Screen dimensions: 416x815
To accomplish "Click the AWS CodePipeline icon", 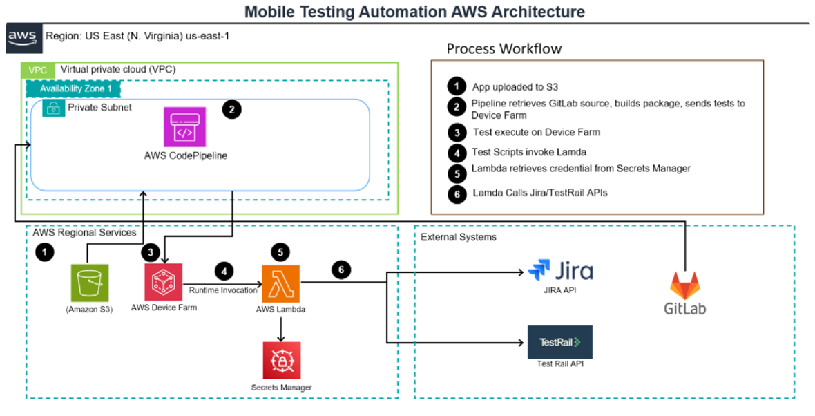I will click(x=184, y=126).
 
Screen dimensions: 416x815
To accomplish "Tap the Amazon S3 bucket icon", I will click(x=89, y=283).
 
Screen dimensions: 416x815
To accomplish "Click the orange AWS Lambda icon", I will click(x=280, y=283).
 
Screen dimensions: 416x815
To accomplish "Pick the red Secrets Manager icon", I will click(x=281, y=360).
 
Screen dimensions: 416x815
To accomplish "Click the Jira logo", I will click(x=560, y=270).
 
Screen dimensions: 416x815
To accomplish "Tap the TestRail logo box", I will click(x=560, y=341).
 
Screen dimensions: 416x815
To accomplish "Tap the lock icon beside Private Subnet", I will click(x=53, y=108).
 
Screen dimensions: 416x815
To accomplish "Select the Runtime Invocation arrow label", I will click(x=223, y=290).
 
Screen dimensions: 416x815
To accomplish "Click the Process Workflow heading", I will click(x=504, y=48).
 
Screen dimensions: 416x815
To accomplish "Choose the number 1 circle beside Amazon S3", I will click(x=45, y=252).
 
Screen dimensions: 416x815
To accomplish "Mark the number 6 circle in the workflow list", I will click(x=457, y=194).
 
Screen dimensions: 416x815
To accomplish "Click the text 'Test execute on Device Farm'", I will click(x=537, y=132).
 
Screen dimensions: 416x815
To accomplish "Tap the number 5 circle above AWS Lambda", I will click(x=280, y=251).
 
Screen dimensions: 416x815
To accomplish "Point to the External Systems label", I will click(x=459, y=237).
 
